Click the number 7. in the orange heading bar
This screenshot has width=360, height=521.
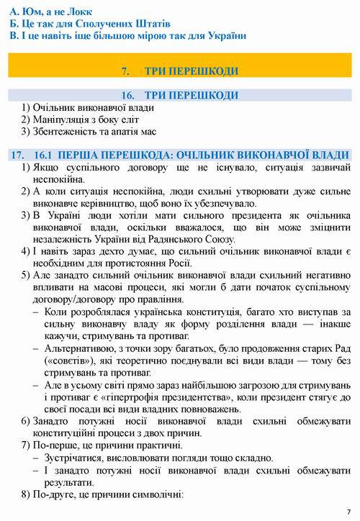pyautogui.click(x=126, y=71)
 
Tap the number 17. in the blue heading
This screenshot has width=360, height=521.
pyautogui.click(x=19, y=155)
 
